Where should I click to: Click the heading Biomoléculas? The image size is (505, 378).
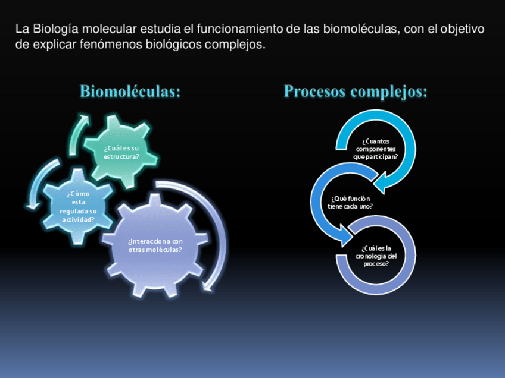pos(130,92)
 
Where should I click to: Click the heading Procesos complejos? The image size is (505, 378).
pos(356,92)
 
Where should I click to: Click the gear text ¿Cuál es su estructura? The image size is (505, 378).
pos(121,153)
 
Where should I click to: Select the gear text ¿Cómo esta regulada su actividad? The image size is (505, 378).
pos(78,206)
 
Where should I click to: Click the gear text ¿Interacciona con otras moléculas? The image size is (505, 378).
pos(155,245)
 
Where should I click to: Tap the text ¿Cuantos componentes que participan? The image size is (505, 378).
pos(375,149)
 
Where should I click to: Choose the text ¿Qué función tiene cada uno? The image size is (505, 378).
pos(350,202)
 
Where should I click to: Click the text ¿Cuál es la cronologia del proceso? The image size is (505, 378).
pos(376,256)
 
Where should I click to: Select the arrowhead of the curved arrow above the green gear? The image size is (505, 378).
pos(85,118)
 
